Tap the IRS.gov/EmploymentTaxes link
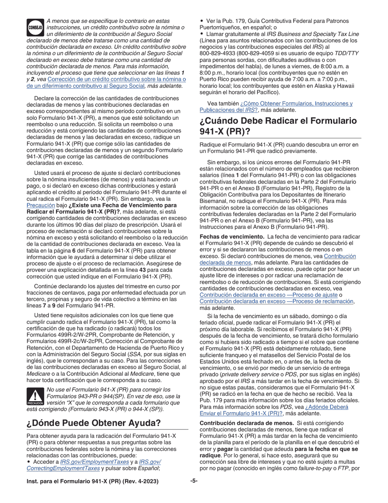[87, 462]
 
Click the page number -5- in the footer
[194, 481]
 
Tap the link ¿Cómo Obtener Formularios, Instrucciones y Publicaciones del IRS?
[276, 107]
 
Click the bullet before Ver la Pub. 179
[201, 21]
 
